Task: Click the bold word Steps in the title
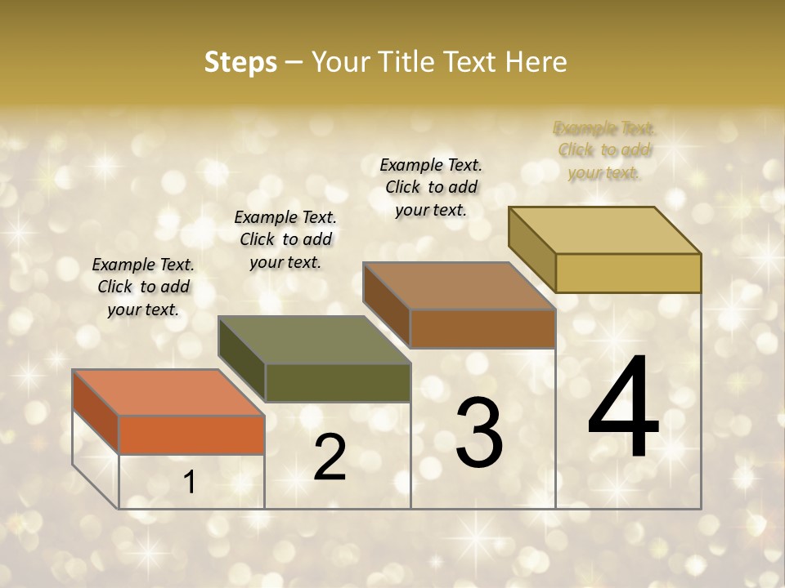[x=240, y=62]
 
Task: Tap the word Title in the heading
[x=408, y=62]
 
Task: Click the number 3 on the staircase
[x=479, y=433]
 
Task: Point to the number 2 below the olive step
[x=330, y=457]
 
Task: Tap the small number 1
[x=190, y=483]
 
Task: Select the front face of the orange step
[x=191, y=434]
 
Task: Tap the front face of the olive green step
[x=338, y=382]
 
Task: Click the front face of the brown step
[x=482, y=328]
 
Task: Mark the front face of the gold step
[x=628, y=273]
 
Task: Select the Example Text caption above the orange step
[x=143, y=287]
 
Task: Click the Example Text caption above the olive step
[x=285, y=240]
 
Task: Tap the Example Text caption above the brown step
[x=431, y=188]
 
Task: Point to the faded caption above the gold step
[x=604, y=150]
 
